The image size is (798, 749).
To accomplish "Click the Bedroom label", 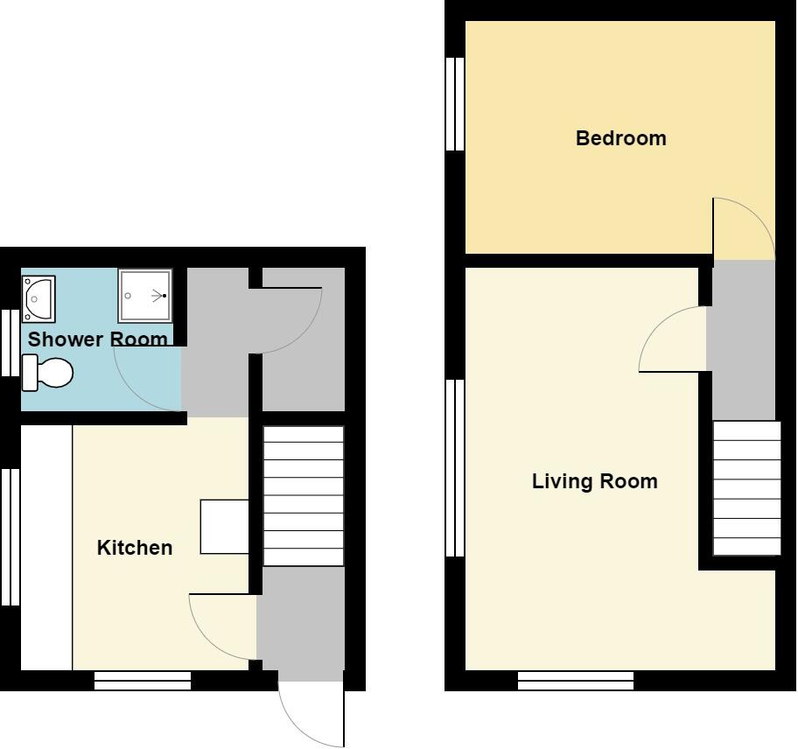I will pyautogui.click(x=620, y=138).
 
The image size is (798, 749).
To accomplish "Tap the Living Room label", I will pyautogui.click(x=594, y=481).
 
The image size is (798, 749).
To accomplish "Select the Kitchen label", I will pyautogui.click(x=134, y=548).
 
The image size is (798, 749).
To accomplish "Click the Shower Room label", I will pyautogui.click(x=97, y=339).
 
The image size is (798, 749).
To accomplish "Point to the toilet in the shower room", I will pyautogui.click(x=47, y=373).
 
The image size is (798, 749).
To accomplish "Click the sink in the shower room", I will pyautogui.click(x=38, y=298).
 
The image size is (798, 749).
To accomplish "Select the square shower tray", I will pyautogui.click(x=145, y=296).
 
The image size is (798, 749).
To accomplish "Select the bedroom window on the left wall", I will pyautogui.click(x=454, y=104).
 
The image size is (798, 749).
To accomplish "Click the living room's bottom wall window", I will pyautogui.click(x=576, y=680).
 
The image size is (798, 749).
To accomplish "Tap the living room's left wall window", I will pyautogui.click(x=454, y=467).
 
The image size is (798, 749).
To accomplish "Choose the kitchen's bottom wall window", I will pyautogui.click(x=142, y=680).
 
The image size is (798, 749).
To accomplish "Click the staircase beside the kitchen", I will pyautogui.click(x=303, y=496).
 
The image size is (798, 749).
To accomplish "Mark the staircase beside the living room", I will pyautogui.click(x=746, y=487).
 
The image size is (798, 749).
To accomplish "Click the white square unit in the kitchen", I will pyautogui.click(x=225, y=526).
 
